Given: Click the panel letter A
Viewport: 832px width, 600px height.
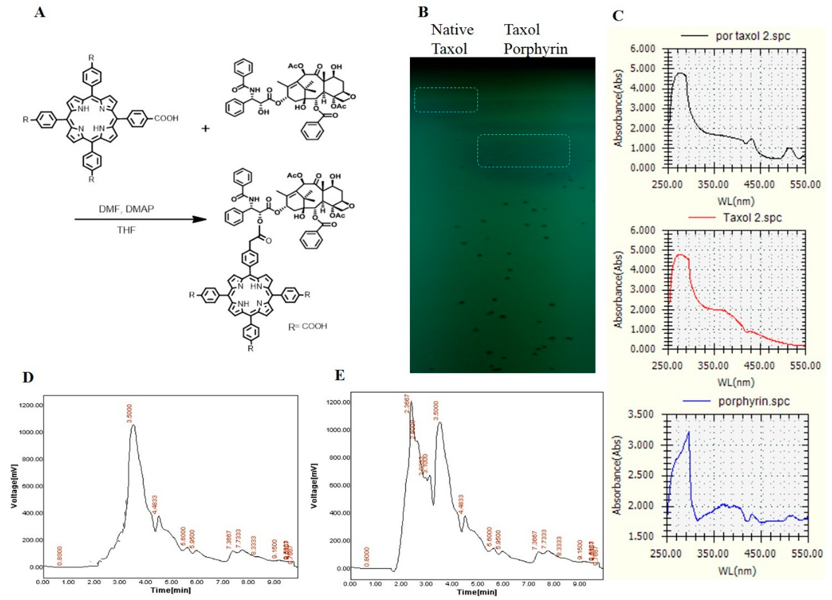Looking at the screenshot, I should [40, 13].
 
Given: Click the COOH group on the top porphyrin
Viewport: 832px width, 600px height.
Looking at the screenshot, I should [166, 118].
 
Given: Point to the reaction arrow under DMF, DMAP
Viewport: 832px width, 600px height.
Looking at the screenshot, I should [139, 219].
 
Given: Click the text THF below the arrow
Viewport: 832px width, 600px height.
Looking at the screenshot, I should [126, 230].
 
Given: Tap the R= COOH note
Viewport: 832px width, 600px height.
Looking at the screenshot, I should [307, 326].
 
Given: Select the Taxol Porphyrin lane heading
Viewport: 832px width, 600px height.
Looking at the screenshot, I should [535, 39].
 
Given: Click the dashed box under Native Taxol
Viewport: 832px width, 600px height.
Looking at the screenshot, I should [446, 100].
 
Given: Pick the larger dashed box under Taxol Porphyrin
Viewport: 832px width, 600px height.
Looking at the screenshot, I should [523, 151].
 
